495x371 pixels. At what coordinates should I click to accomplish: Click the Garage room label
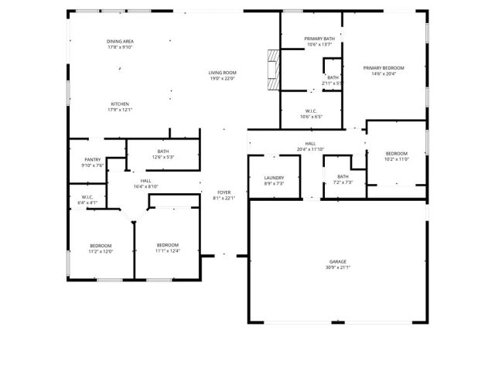coord(337,262)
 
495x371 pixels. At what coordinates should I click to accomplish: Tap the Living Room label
coord(222,73)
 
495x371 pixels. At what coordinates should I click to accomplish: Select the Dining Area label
coord(120,41)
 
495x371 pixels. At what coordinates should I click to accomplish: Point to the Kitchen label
coord(119,104)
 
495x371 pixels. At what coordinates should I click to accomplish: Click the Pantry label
coord(93,159)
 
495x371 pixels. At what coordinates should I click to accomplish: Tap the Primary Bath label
coord(319,39)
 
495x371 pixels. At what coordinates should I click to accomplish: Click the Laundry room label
coord(274,178)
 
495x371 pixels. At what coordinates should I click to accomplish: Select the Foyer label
coord(224,192)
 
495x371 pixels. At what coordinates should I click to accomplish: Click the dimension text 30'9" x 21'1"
coord(337,267)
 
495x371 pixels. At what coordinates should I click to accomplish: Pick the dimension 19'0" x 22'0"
coord(222,78)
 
